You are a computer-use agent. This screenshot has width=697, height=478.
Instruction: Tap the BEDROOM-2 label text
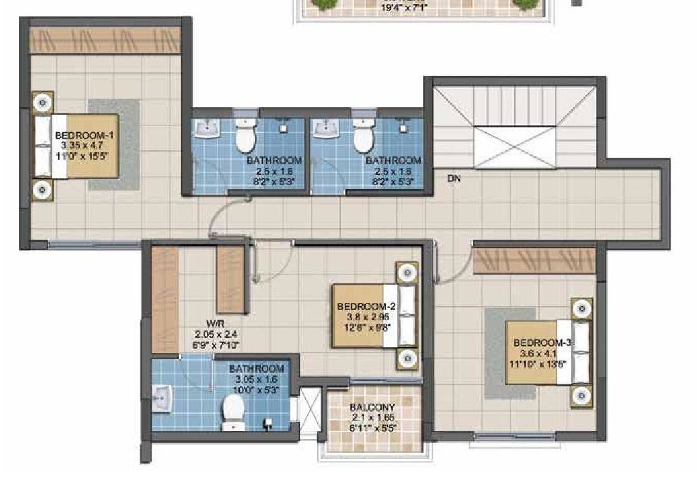(x=361, y=307)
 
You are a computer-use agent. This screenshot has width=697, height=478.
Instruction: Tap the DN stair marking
(x=453, y=178)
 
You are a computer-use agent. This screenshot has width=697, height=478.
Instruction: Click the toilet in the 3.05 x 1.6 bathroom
(x=234, y=410)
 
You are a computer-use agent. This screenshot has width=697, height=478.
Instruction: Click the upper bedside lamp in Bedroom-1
(x=43, y=102)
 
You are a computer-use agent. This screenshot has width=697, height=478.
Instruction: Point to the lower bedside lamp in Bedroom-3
(x=582, y=395)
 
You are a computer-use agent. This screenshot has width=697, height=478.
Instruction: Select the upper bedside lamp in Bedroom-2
(x=408, y=272)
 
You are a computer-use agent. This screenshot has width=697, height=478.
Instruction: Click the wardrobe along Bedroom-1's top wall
(x=105, y=40)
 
